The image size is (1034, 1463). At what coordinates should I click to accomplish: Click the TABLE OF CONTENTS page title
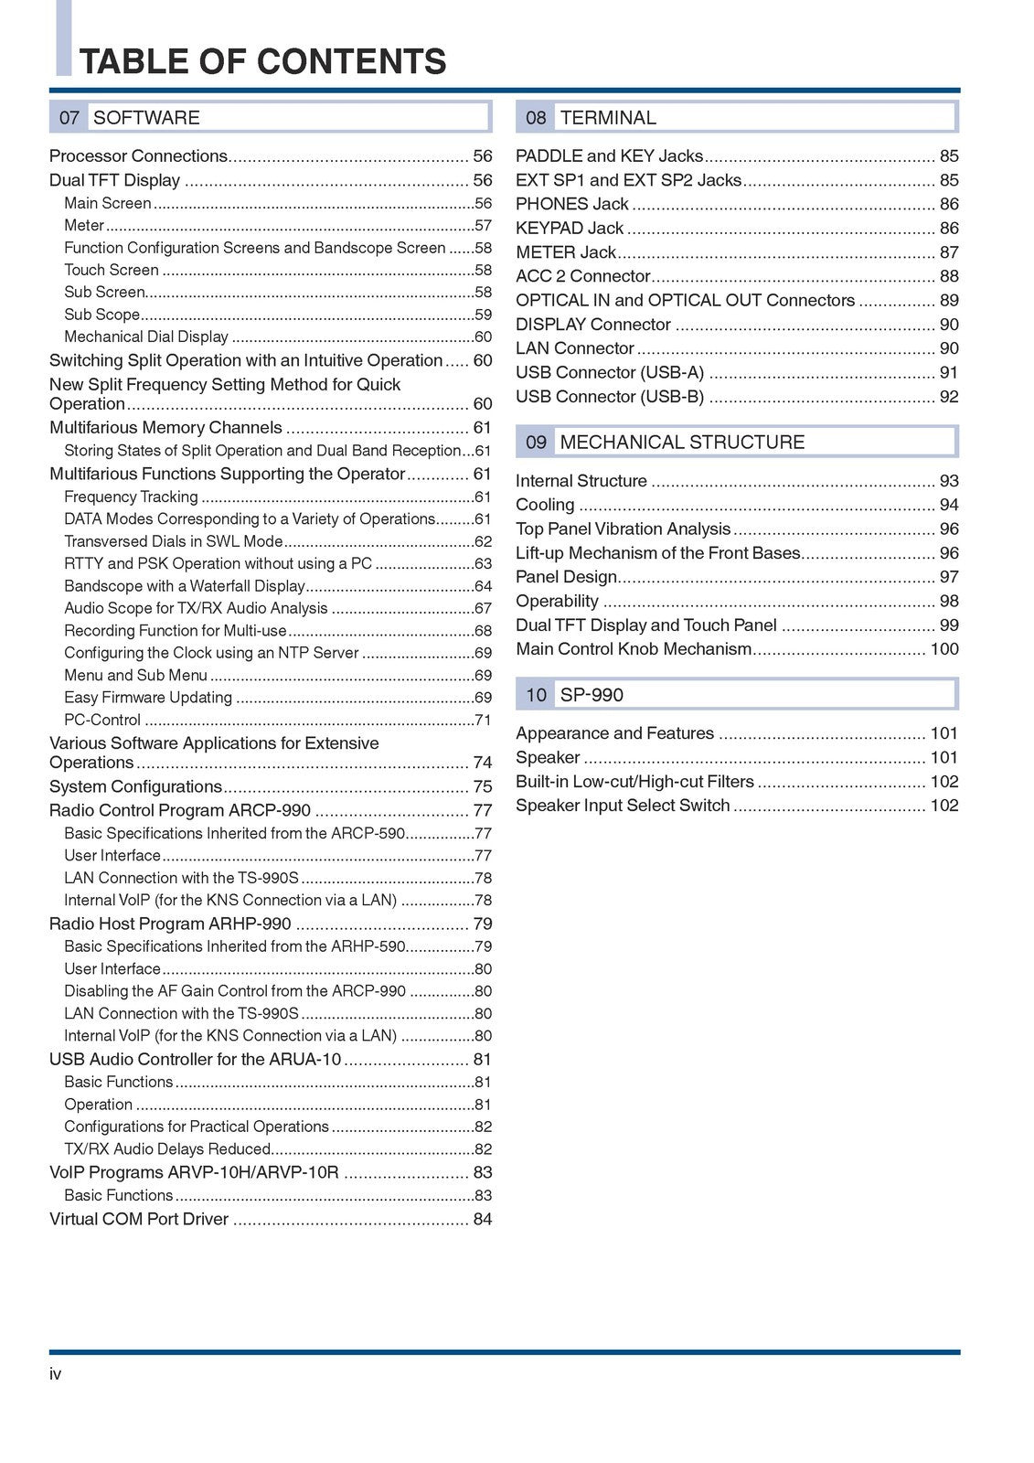point(263,61)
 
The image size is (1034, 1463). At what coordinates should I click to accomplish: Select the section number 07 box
point(69,118)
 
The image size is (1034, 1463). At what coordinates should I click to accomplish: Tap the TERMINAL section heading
point(608,118)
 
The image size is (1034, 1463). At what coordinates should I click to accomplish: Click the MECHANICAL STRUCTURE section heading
point(682,443)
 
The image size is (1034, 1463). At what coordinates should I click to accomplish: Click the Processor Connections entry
point(138,156)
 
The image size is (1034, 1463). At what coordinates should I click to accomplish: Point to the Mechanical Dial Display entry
point(146,337)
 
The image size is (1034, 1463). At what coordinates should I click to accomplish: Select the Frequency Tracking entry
point(131,497)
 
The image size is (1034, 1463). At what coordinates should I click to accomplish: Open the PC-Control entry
point(102,721)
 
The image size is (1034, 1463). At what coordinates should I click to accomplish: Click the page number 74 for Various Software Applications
point(483,763)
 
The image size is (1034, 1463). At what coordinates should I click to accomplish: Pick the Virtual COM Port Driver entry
point(139,1220)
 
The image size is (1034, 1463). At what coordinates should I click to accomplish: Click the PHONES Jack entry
point(572,205)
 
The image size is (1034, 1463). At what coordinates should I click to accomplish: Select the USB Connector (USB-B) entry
point(610,397)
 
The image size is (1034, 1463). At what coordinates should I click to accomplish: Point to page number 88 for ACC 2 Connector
point(949,276)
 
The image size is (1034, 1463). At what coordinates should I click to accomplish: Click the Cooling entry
point(545,506)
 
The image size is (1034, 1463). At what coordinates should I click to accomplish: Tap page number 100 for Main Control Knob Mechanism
point(944,649)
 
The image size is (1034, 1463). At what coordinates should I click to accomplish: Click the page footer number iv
point(56,1374)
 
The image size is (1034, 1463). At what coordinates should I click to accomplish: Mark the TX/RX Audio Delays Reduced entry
point(167,1149)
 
